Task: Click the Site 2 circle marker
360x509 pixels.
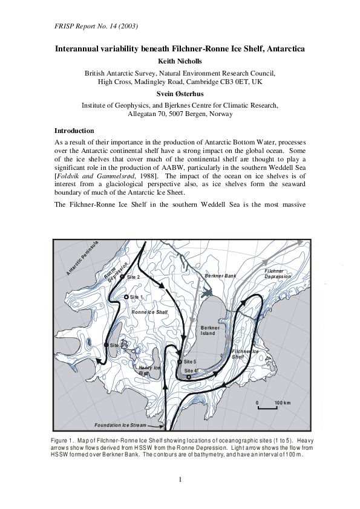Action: (122, 276)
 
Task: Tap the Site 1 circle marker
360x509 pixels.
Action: (126, 297)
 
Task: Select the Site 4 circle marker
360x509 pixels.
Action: (189, 377)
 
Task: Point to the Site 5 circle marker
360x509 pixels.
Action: (180, 361)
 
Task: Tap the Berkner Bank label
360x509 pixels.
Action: (220, 276)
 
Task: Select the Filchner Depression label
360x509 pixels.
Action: (278, 273)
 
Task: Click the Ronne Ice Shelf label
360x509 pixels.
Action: (149, 312)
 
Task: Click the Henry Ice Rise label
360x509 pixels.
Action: (149, 370)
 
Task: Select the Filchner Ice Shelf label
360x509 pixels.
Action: (245, 354)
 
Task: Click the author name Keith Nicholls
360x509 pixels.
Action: (180, 61)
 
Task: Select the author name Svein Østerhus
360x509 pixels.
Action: (180, 95)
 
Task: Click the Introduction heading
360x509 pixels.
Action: (74, 131)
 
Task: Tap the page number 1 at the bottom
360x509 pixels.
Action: (180, 480)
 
